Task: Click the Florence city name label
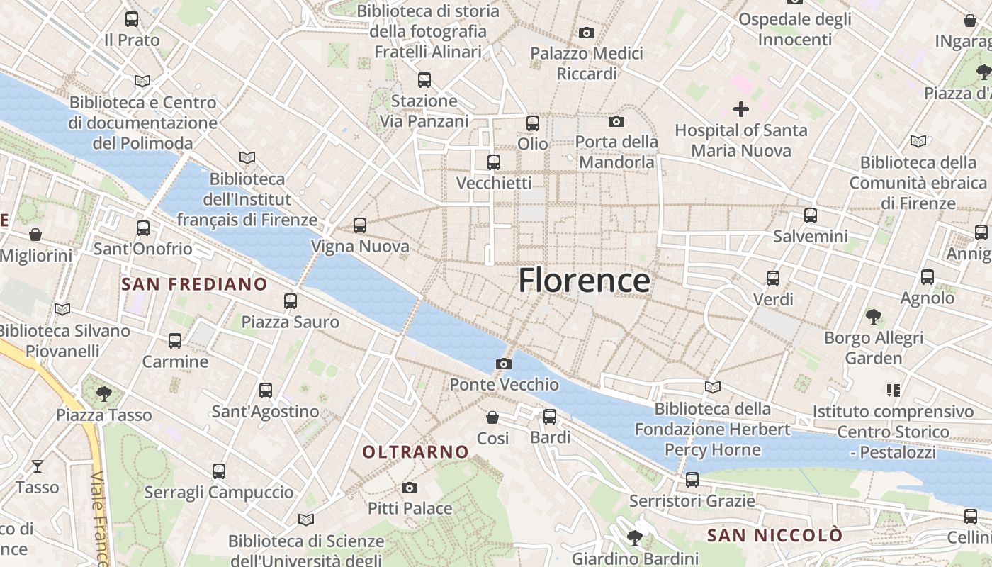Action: point(584,281)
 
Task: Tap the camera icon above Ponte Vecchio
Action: point(504,364)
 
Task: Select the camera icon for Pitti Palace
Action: point(410,488)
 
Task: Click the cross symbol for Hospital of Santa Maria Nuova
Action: point(741,109)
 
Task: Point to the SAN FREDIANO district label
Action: point(195,284)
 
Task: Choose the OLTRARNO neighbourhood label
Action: point(416,451)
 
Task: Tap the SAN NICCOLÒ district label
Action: point(775,534)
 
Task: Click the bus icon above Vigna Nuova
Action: point(360,225)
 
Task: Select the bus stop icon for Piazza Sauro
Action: point(291,301)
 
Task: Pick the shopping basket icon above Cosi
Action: point(492,417)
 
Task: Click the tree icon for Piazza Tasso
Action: point(104,393)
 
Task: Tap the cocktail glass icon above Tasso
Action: point(38,466)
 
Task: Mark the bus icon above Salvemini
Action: point(811,215)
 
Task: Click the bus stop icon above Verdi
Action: point(773,278)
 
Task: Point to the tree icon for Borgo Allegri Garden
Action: point(874,316)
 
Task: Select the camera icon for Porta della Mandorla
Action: point(616,121)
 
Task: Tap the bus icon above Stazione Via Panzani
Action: point(424,79)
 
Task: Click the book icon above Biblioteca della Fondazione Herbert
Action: point(713,387)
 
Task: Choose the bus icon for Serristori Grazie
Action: point(692,480)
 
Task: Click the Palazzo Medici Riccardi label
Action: point(587,63)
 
